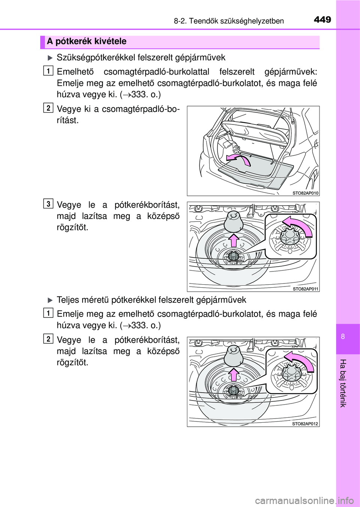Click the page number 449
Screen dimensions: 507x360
point(322,19)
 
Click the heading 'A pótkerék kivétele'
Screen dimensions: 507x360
point(87,42)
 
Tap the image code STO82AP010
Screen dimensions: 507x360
point(305,193)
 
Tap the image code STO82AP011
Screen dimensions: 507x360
point(305,289)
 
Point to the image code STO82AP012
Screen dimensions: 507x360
point(305,424)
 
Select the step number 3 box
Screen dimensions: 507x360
point(48,204)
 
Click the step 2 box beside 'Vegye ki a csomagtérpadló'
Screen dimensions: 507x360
point(48,108)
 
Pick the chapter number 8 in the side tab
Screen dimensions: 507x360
point(343,336)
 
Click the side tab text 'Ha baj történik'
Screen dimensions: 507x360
point(343,383)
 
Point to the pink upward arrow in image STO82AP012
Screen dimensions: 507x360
point(234,375)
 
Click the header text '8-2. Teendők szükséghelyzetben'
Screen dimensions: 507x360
point(229,21)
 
